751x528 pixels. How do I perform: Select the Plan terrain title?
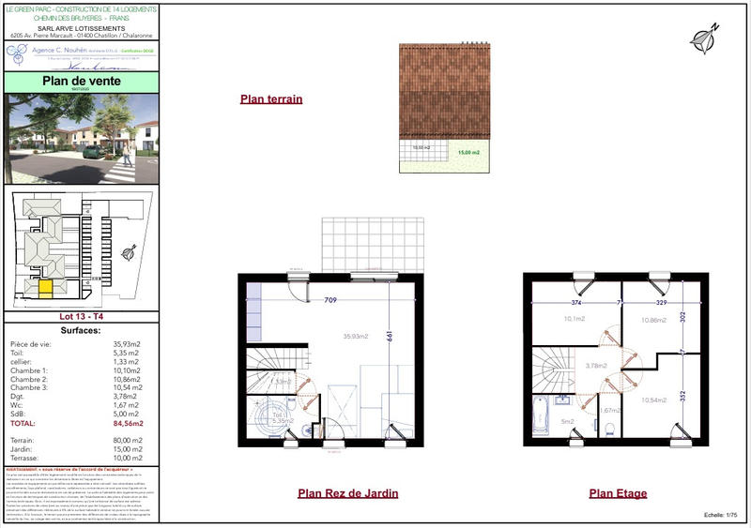click(271, 98)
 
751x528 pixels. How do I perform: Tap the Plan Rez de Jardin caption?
click(347, 493)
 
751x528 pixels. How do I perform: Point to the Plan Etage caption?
click(618, 493)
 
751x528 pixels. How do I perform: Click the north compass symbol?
click(704, 37)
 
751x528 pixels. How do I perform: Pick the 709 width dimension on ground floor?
click(330, 302)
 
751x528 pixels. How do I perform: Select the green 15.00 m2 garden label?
click(468, 152)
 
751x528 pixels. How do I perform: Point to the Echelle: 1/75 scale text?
click(724, 516)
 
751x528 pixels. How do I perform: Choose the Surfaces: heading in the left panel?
click(80, 332)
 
